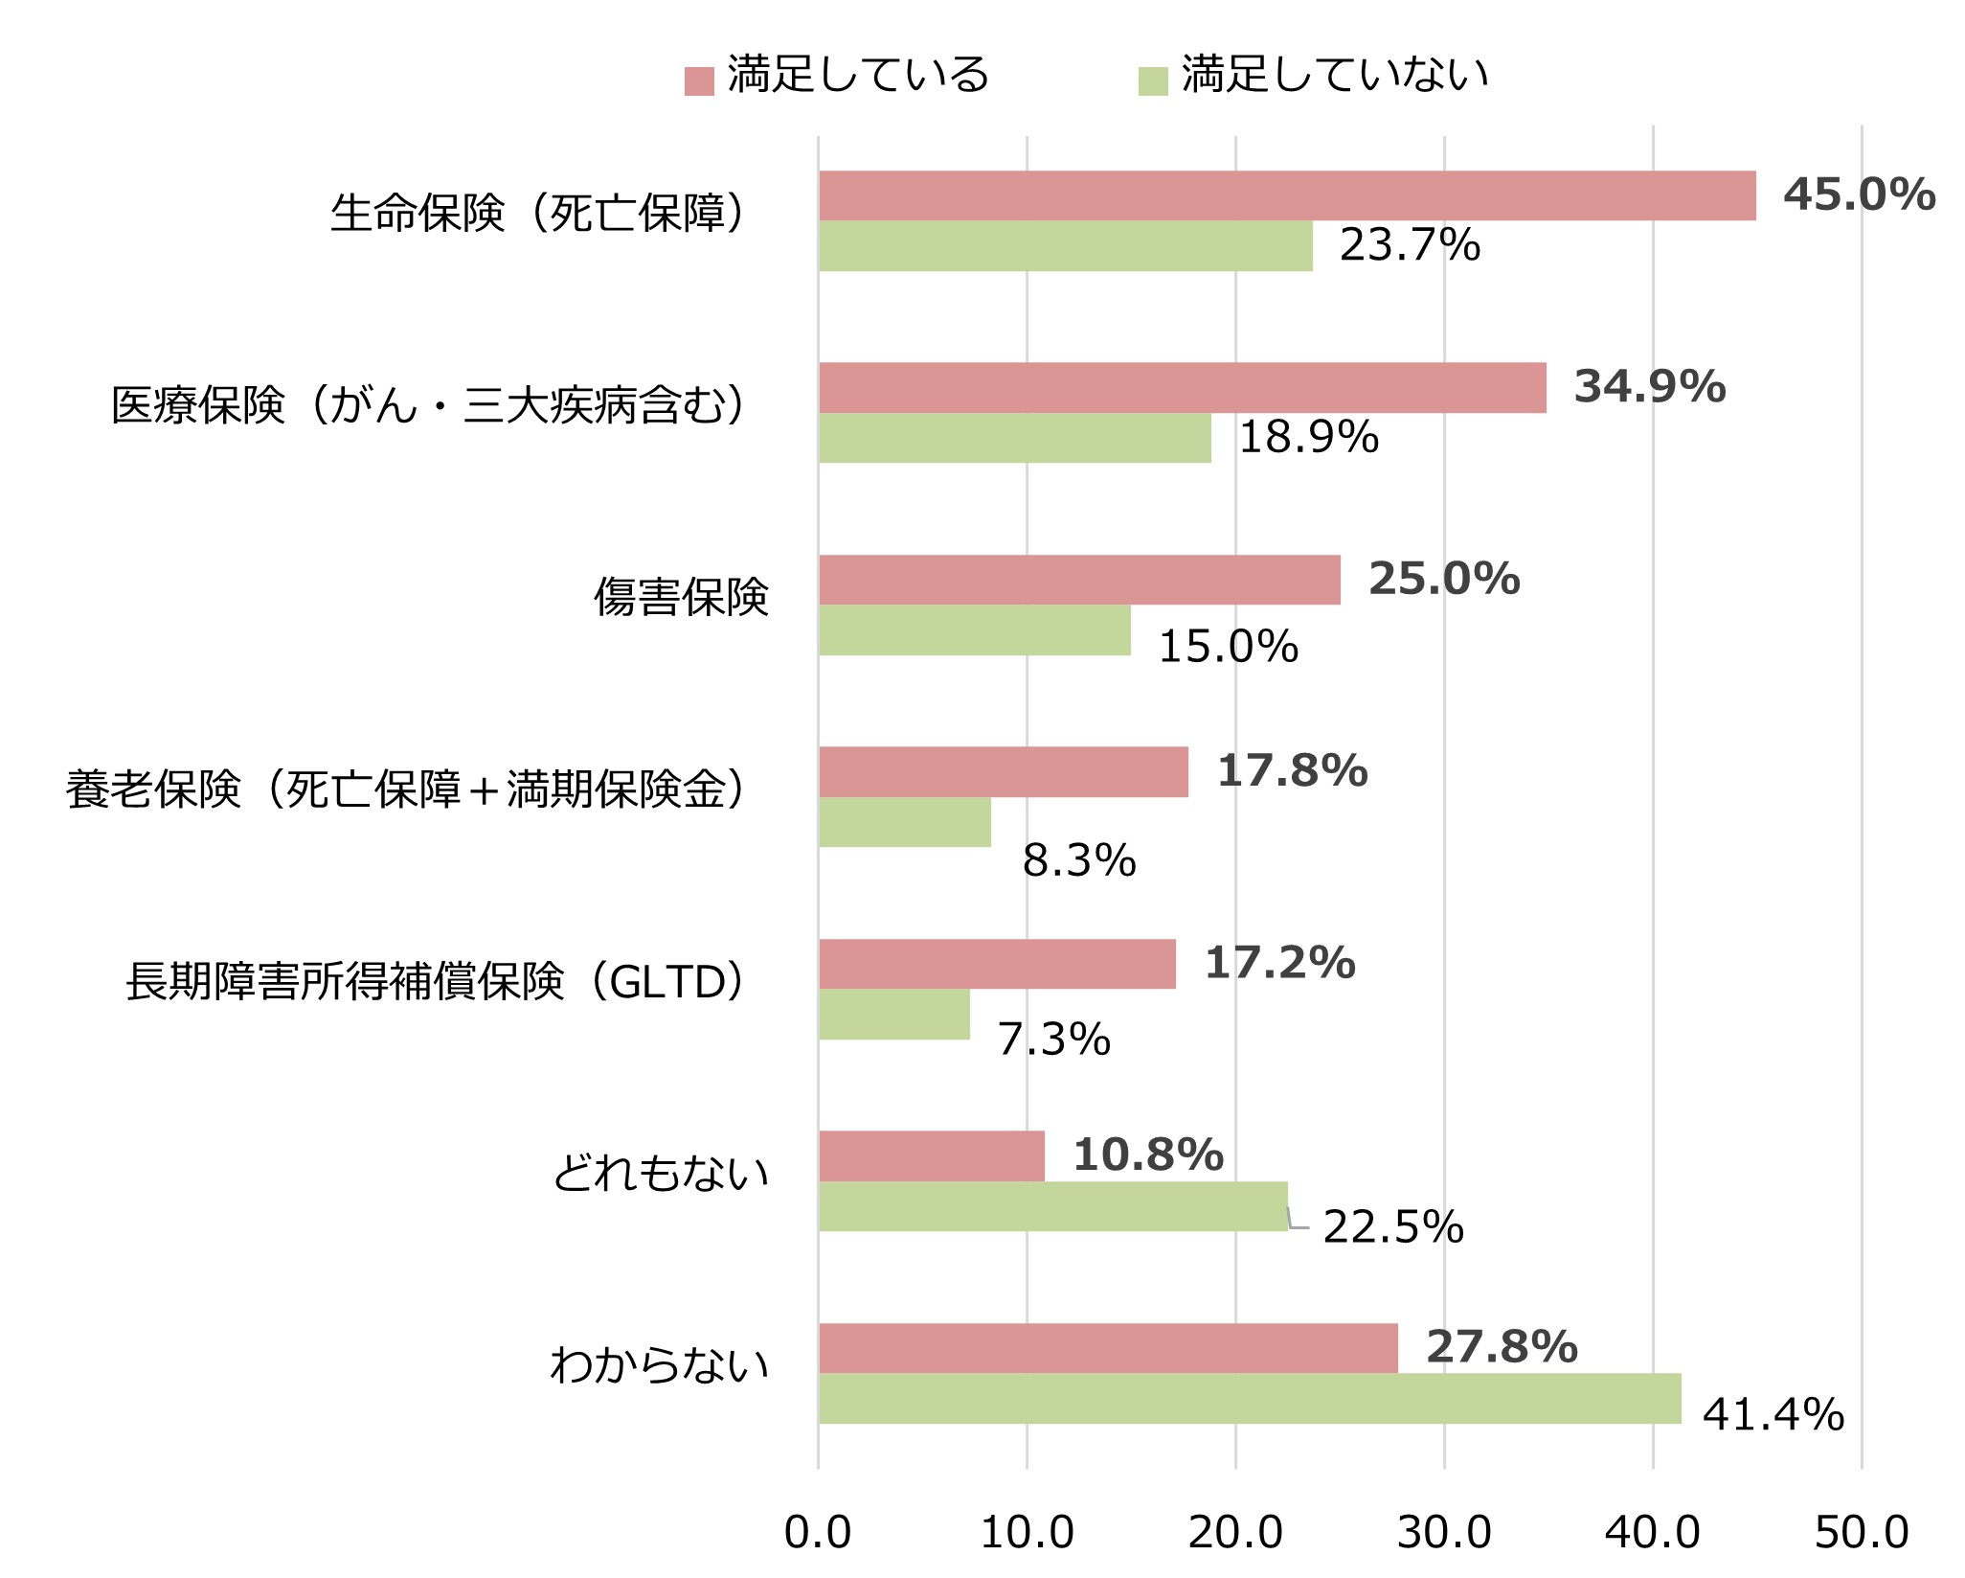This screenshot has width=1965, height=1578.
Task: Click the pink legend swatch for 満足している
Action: click(x=699, y=81)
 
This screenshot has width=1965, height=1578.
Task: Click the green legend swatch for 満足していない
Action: click(x=1153, y=81)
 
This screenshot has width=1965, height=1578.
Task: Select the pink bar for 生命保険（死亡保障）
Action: click(x=1287, y=196)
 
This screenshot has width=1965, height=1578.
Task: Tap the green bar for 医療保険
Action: click(x=1014, y=438)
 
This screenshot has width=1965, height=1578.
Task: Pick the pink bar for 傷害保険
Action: click(x=1079, y=580)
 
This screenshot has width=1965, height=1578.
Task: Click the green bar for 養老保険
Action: click(x=904, y=822)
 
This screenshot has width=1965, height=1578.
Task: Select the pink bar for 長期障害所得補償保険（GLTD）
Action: click(x=997, y=964)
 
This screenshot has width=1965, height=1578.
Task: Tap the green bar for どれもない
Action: click(x=1052, y=1206)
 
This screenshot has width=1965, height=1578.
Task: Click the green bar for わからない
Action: click(x=1249, y=1399)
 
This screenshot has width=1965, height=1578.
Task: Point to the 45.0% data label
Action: click(x=1859, y=194)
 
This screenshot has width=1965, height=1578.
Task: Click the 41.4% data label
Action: click(x=1773, y=1415)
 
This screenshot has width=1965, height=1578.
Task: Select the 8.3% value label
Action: click(x=1079, y=860)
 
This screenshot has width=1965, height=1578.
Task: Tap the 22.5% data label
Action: click(x=1393, y=1227)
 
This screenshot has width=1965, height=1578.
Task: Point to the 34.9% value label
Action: click(x=1650, y=386)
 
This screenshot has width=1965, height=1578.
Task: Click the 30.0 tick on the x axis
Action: click(x=1444, y=1533)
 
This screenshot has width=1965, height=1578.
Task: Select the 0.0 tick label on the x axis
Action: click(x=818, y=1533)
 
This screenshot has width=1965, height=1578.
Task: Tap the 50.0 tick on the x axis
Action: click(x=1862, y=1533)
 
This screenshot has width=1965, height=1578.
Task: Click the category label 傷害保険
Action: click(x=681, y=597)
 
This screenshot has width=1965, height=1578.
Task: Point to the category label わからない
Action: click(x=660, y=1365)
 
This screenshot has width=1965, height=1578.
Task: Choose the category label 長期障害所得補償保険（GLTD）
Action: click(x=437, y=982)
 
